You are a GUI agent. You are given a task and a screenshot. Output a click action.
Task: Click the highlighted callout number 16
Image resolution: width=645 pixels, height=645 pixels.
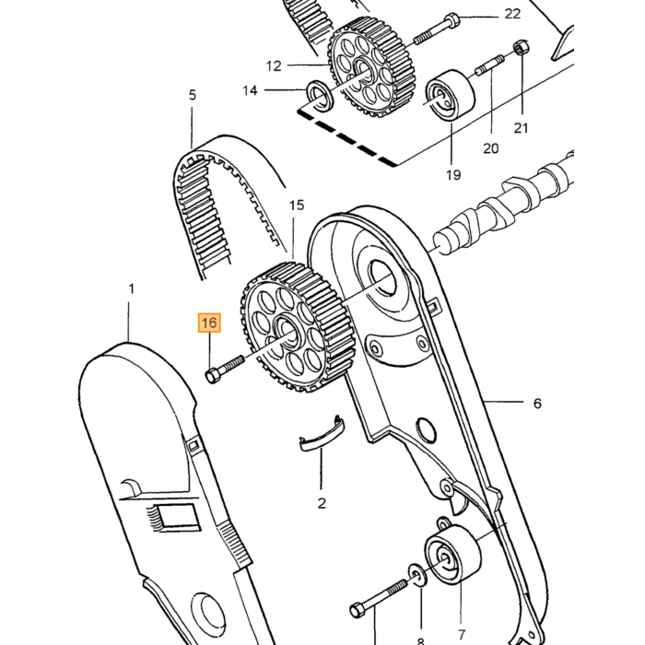(209, 322)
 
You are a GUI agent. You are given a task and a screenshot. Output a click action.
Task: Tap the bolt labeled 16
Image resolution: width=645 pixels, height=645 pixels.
(224, 368)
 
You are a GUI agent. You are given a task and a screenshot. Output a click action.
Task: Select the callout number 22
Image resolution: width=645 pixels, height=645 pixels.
(512, 15)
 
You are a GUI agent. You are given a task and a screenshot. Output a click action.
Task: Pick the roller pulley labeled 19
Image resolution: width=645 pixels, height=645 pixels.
(450, 96)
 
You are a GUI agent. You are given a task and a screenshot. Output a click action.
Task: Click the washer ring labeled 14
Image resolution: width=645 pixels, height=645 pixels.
(321, 97)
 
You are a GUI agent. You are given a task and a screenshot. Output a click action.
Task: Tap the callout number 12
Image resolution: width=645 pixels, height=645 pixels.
(274, 65)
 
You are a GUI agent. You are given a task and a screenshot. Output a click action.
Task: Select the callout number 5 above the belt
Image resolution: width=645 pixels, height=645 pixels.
(193, 96)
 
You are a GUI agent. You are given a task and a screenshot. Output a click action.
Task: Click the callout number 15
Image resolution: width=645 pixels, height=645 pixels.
(296, 205)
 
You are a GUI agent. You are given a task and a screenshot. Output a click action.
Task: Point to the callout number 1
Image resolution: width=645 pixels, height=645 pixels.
(132, 289)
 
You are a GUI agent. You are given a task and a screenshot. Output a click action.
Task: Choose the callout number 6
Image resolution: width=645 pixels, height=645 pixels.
(537, 404)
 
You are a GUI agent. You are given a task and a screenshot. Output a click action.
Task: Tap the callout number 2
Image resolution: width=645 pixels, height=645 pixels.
(322, 503)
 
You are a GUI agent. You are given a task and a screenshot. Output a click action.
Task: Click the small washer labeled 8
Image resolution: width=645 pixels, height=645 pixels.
(417, 575)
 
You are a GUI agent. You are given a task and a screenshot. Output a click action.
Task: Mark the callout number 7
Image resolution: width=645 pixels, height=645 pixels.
(461, 634)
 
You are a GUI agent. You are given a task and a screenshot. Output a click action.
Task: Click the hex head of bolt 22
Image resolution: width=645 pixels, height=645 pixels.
(451, 18)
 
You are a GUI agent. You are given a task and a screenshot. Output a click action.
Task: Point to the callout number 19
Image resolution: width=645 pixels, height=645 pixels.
(453, 175)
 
